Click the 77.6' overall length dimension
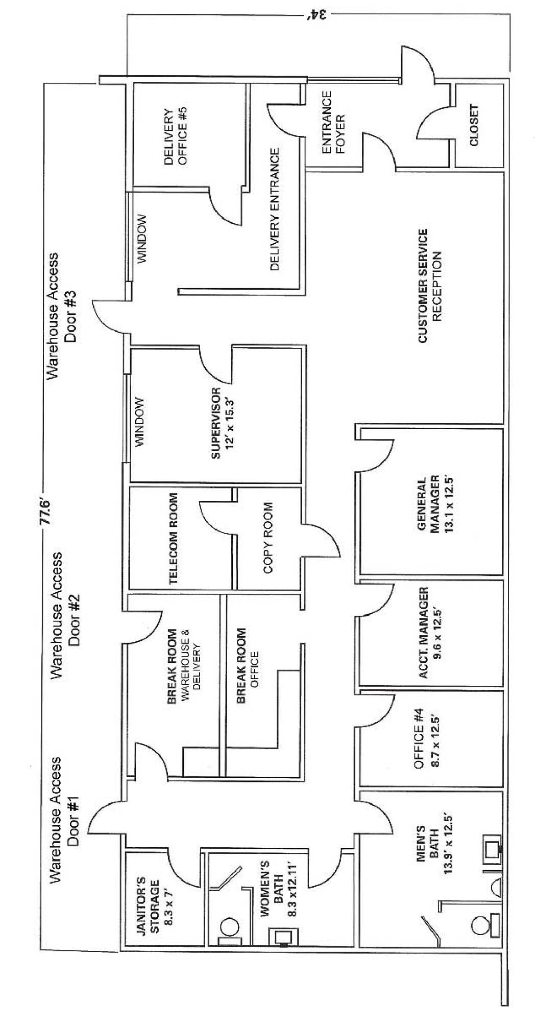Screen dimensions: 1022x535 (45, 510)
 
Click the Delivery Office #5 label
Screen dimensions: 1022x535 (176, 136)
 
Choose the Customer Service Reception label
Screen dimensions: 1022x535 (429, 286)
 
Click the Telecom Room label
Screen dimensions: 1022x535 (174, 538)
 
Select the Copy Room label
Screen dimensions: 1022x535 (267, 538)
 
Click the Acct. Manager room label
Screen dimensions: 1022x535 (429, 633)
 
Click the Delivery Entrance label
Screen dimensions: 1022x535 (274, 210)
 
